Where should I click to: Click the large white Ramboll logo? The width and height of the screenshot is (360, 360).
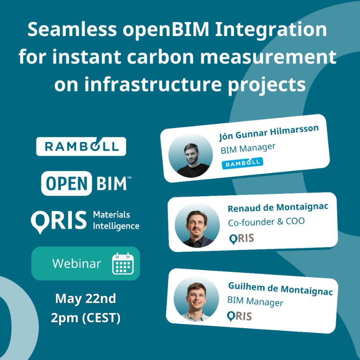point(81,146)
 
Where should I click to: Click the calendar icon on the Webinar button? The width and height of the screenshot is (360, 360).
point(123,264)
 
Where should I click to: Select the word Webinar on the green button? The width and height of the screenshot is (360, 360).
point(76,264)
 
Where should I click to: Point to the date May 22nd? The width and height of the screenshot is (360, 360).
point(85,298)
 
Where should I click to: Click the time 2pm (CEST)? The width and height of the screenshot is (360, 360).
point(85,318)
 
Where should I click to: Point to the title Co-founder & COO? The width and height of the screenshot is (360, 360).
point(266,221)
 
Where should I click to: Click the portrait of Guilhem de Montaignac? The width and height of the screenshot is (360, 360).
point(195,298)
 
